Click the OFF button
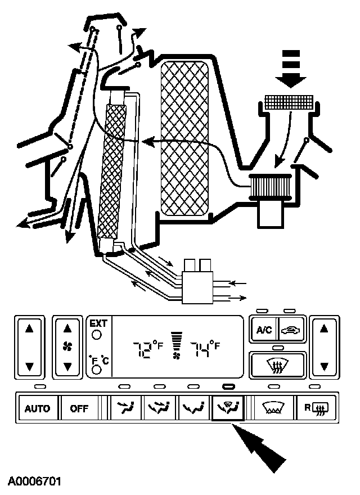79,408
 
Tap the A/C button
264,330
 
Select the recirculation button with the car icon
291,330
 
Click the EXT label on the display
97,323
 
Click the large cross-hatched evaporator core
185,138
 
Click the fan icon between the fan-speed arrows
67,346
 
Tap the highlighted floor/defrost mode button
227,408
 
